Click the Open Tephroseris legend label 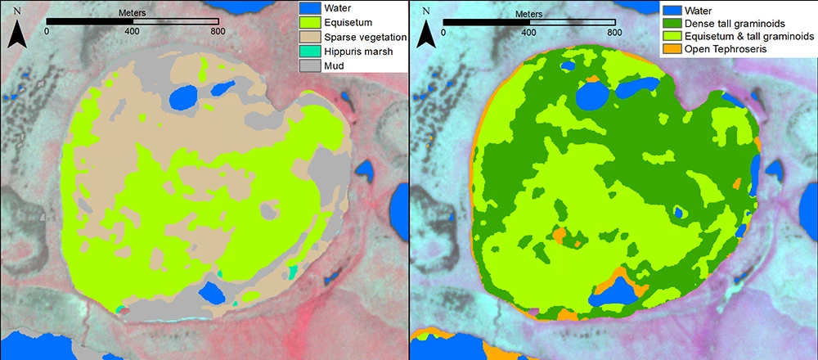(x=732, y=52)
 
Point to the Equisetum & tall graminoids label (x=750, y=38)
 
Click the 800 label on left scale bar (x=218, y=31)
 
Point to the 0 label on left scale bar (x=47, y=31)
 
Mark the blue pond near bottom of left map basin (x=214, y=293)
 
